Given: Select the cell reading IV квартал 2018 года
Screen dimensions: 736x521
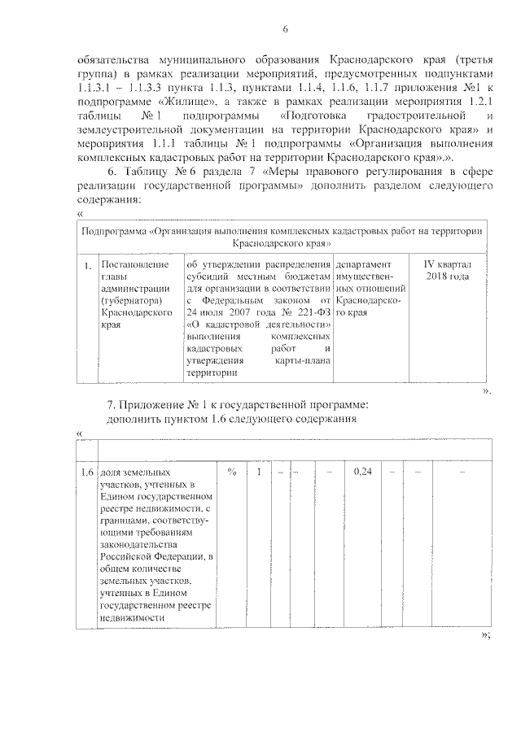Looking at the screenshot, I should (x=447, y=271).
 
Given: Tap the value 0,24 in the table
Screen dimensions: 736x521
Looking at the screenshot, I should (x=363, y=472).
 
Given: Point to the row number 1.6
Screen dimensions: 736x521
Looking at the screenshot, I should (x=85, y=472).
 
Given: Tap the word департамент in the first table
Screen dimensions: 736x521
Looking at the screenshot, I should (x=368, y=265).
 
